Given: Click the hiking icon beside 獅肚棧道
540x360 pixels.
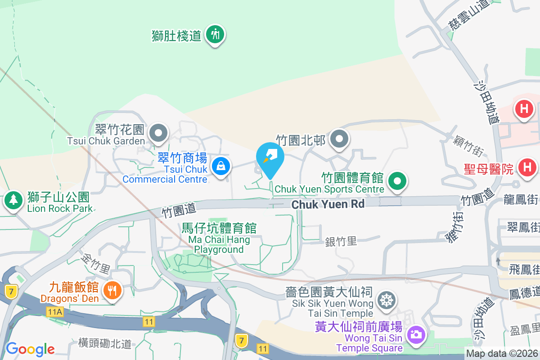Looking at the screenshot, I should pyautogui.click(x=216, y=34).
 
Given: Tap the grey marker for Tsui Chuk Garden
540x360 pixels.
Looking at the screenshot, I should pyautogui.click(x=158, y=133).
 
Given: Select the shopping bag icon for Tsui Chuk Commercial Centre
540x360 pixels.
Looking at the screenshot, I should pyautogui.click(x=221, y=166).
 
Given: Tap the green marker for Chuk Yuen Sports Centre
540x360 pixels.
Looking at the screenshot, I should pyautogui.click(x=397, y=182).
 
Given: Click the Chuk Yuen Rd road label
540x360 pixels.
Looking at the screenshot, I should pyautogui.click(x=328, y=204).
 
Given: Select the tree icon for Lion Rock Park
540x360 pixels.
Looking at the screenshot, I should pyautogui.click(x=13, y=200).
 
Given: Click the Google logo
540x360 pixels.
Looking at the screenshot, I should pyautogui.click(x=30, y=349).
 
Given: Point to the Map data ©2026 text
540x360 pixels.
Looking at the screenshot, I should pyautogui.click(x=502, y=354).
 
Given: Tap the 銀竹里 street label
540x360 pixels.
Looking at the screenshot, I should pyautogui.click(x=341, y=242).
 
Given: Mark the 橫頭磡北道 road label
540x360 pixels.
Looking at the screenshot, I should pyautogui.click(x=105, y=343).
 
